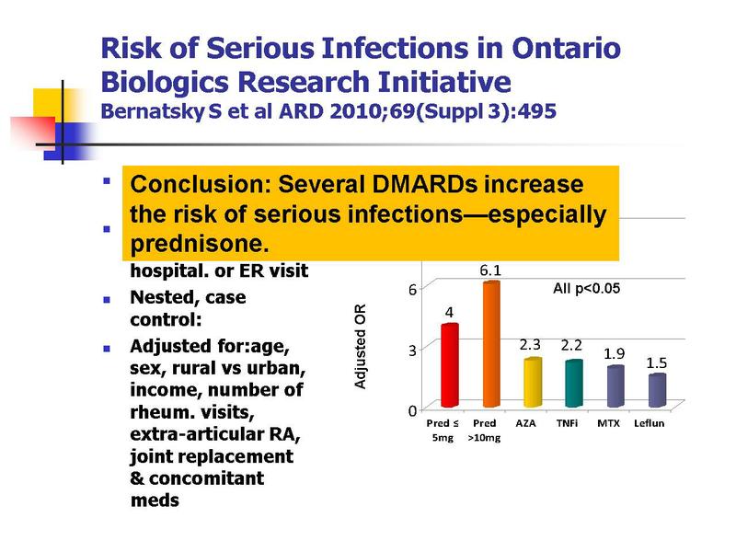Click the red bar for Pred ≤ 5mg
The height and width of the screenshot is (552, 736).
(x=450, y=365)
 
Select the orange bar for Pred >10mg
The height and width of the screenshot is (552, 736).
(x=491, y=344)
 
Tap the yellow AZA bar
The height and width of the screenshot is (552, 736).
(x=533, y=382)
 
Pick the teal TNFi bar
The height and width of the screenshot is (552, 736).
(x=574, y=383)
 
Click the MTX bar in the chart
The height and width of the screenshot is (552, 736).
(x=615, y=385)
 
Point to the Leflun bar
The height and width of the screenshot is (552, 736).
(x=657, y=390)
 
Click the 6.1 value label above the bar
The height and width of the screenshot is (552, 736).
(x=490, y=270)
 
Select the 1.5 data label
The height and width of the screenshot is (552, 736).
(x=656, y=362)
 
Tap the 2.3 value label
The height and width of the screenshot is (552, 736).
(x=530, y=345)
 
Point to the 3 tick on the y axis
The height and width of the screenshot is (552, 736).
(x=412, y=351)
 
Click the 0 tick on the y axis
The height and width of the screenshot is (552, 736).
(x=412, y=411)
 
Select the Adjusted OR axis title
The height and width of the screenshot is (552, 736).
(x=360, y=347)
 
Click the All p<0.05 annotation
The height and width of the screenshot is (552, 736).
(x=586, y=288)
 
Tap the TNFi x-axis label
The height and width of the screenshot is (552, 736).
(x=567, y=423)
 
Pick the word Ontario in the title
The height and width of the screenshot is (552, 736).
(x=567, y=48)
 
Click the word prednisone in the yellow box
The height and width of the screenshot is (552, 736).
(x=200, y=244)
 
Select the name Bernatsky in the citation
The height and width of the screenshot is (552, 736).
(x=153, y=111)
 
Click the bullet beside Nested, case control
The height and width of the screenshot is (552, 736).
(x=107, y=300)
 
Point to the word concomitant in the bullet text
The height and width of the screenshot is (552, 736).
(x=206, y=478)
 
